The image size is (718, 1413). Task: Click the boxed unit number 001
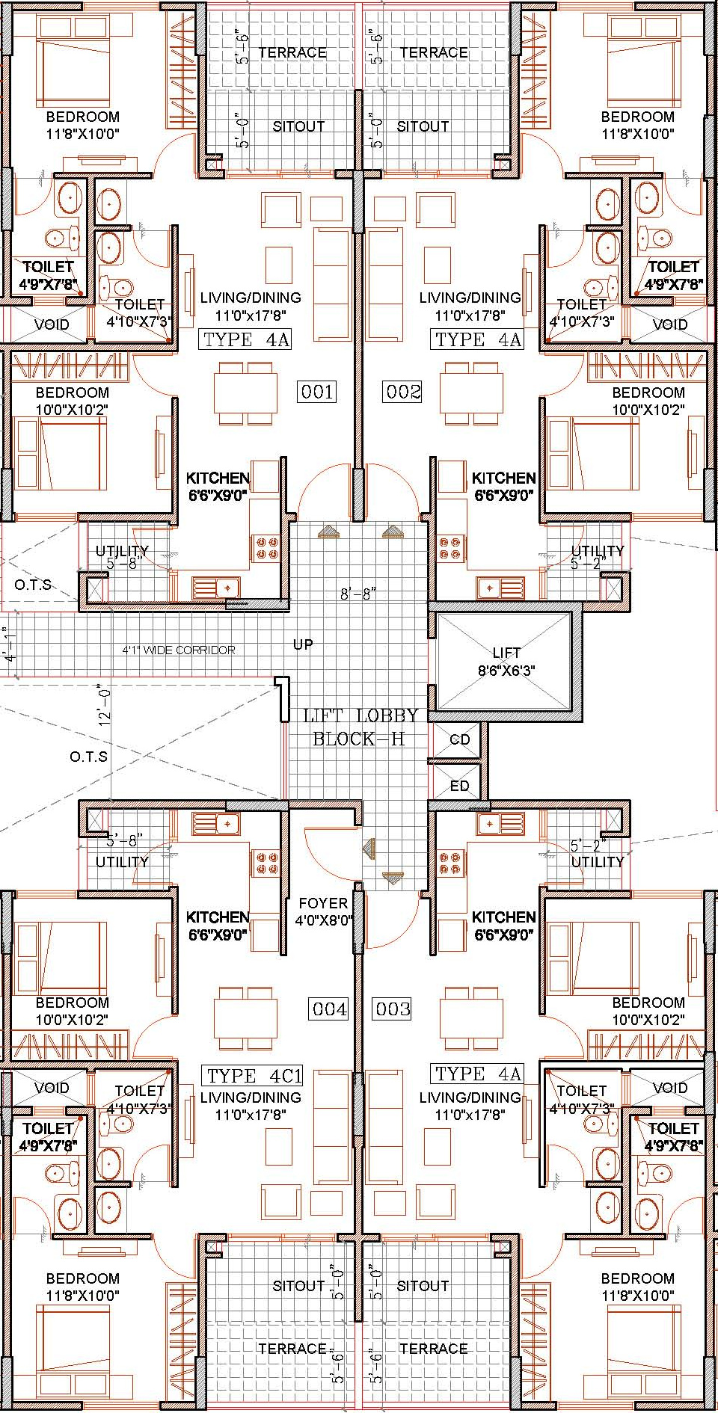pos(316,392)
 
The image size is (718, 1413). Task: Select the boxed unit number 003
pos(393,1009)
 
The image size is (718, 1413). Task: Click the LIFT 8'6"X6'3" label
pos(506,662)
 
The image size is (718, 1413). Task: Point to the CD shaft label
pos(460,739)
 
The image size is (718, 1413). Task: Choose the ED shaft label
pos(459,786)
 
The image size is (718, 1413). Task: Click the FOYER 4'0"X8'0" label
pos(323,912)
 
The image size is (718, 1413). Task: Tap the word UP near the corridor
pos(303,644)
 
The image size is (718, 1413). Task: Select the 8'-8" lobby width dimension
pos(358,594)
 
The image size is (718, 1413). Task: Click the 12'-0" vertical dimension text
pos(105,706)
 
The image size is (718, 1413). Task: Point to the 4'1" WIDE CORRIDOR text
pos(179,650)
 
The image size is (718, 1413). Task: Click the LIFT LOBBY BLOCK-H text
pos(360,727)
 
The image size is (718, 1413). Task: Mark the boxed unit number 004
pos(329,1009)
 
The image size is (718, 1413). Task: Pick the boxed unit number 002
pos(403,392)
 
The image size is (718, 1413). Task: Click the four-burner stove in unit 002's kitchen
pos(452,548)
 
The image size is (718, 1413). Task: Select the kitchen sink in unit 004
pos(216,824)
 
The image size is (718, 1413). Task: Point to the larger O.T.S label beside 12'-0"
pos(89,757)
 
